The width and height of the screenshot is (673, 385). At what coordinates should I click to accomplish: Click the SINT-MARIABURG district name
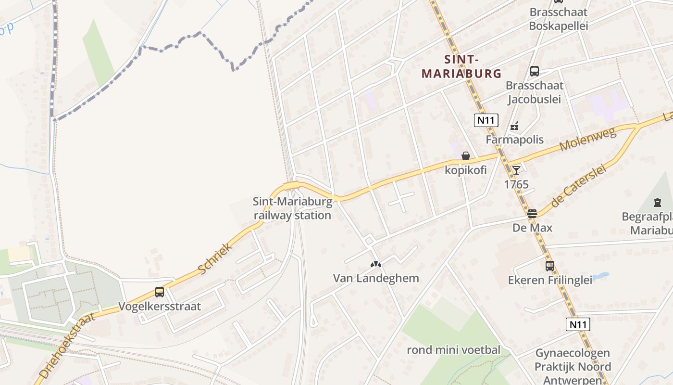point(461,66)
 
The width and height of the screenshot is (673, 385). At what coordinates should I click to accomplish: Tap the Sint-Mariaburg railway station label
point(292,208)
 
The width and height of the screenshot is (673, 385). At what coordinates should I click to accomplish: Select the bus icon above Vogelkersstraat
point(160,292)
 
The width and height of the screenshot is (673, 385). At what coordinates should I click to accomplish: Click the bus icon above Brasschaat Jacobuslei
point(534,71)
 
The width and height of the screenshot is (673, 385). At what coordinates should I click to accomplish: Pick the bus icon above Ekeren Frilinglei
point(549,266)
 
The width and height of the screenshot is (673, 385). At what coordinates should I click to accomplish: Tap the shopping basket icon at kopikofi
point(465,156)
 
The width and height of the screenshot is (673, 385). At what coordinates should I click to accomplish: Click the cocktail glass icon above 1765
point(516,170)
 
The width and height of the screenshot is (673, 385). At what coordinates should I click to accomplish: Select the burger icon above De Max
point(532,214)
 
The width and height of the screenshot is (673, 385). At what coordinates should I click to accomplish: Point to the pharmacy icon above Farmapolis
point(514,127)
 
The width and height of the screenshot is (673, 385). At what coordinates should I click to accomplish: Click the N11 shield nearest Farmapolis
point(486,120)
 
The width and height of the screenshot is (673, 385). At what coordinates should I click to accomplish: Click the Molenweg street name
point(588,140)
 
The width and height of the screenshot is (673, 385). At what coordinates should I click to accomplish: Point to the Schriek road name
point(215,259)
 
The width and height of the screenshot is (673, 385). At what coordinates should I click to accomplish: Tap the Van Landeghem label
point(376,278)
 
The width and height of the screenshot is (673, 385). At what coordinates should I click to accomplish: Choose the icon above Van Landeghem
point(376,264)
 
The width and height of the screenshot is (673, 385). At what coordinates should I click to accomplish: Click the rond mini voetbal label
point(453,350)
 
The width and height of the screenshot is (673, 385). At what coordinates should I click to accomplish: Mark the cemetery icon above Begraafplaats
point(657,203)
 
